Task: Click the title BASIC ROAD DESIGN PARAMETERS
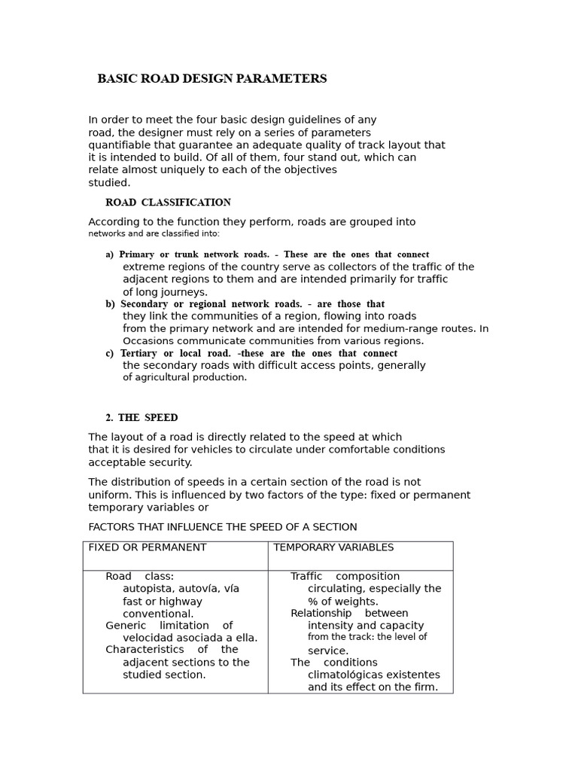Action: point(212,79)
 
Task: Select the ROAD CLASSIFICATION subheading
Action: point(168,203)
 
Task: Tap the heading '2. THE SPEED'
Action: point(141,418)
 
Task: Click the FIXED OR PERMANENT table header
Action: point(148,547)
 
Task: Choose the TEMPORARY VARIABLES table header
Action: point(333,547)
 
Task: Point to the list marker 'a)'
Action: point(110,254)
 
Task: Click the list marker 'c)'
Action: point(110,353)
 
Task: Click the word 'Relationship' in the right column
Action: point(321,614)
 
